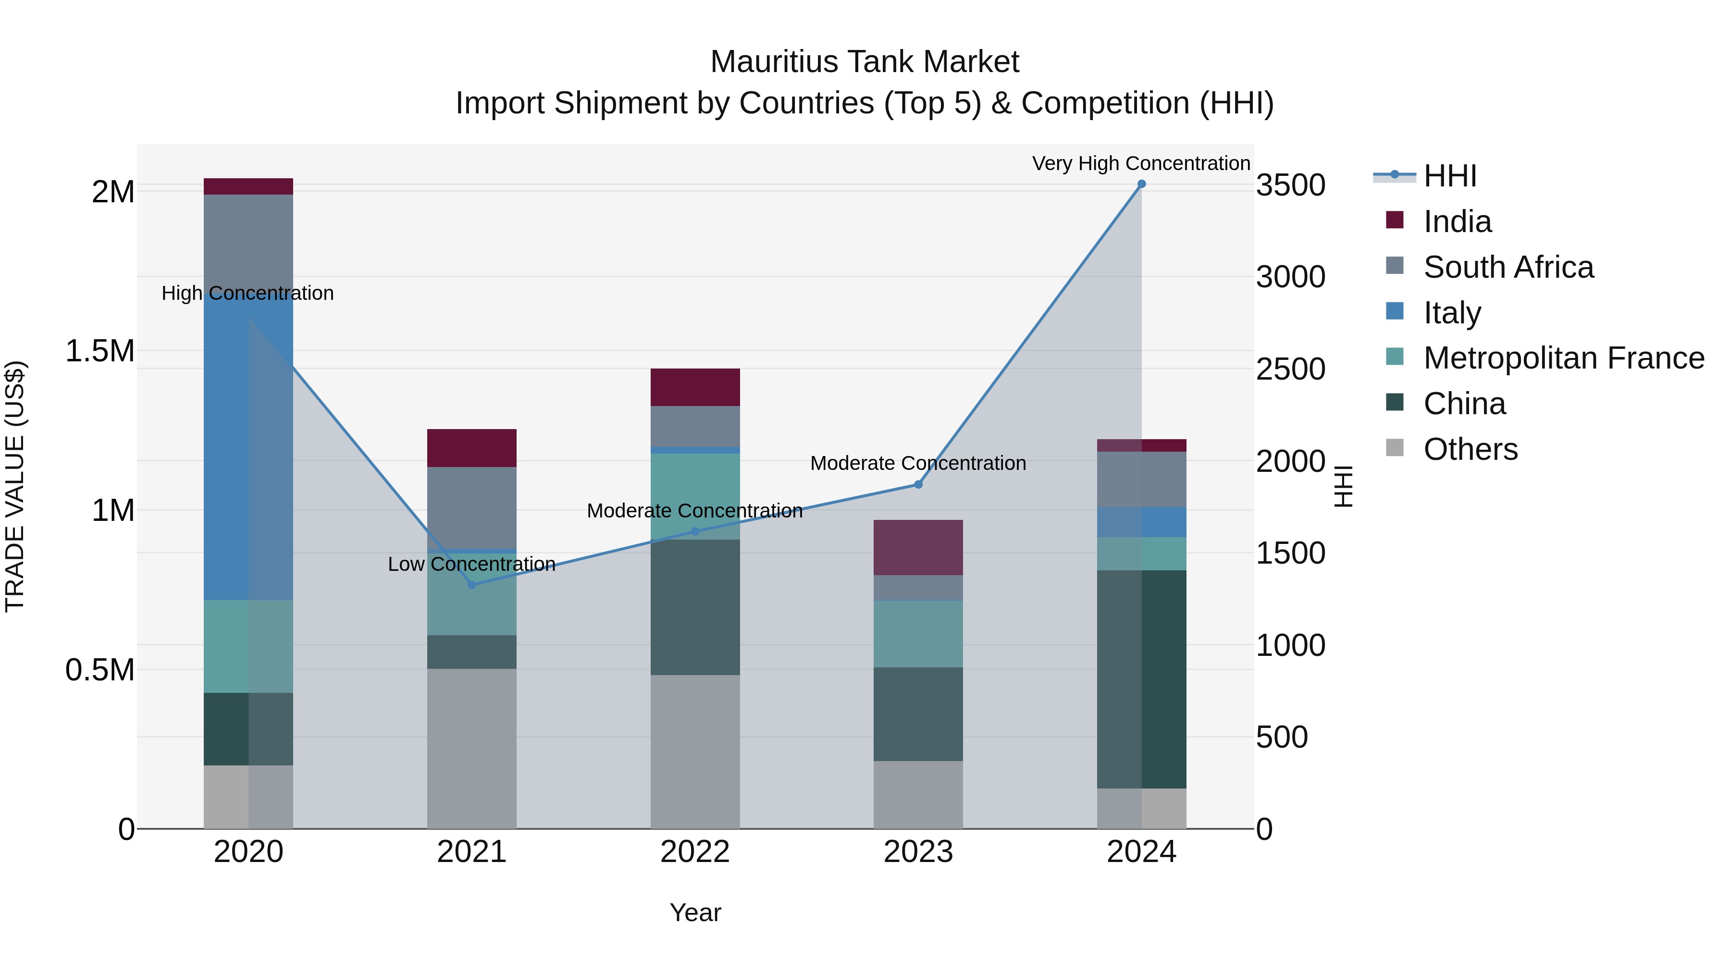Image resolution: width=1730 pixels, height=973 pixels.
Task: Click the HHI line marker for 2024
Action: coord(1141,184)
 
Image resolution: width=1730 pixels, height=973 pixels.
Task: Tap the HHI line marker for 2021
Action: coord(471,585)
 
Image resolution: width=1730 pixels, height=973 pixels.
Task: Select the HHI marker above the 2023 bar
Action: coord(918,484)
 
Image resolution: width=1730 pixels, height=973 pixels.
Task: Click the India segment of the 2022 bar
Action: coord(695,387)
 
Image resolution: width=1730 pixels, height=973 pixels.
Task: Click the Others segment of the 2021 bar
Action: coord(471,748)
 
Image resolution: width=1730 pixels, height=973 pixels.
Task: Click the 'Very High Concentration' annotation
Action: coord(1140,163)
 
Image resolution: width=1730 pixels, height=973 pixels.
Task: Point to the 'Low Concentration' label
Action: coord(471,564)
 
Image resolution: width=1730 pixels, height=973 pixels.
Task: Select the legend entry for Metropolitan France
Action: coord(1563,358)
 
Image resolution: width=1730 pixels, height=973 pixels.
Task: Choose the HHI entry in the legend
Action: coord(1449,176)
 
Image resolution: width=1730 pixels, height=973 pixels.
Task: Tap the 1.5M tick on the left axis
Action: coord(99,351)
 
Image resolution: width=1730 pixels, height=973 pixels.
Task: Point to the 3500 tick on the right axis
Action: coord(1290,185)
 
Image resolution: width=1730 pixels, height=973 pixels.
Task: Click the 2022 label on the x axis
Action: coord(694,852)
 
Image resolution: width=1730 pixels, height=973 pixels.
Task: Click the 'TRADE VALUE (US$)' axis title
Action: coord(15,486)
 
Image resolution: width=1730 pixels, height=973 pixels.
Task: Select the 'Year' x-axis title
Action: coord(695,912)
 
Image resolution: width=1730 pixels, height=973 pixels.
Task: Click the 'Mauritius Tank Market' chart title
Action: coord(865,62)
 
